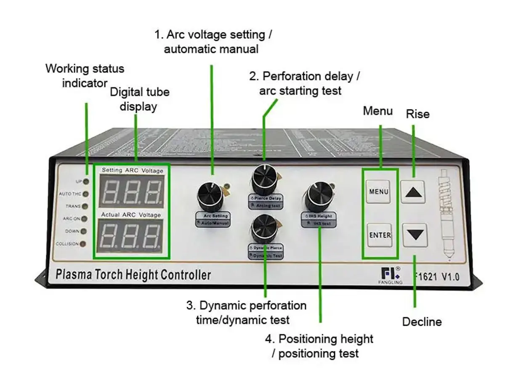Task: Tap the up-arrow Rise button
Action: click(412, 192)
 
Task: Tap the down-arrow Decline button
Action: click(415, 234)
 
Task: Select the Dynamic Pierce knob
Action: click(264, 228)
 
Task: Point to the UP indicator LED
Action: click(86, 181)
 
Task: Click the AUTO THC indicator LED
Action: click(86, 194)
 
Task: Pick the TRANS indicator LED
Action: click(85, 207)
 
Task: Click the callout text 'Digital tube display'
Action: click(139, 99)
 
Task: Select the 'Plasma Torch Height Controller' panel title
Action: click(133, 275)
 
